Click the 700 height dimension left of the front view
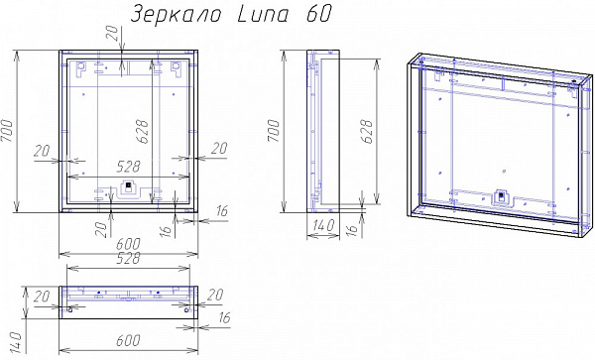9,130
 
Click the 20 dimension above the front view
112,36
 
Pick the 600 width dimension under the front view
130,242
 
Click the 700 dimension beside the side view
275,130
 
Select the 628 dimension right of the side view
366,128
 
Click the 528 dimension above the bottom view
128,260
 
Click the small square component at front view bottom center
128,188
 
